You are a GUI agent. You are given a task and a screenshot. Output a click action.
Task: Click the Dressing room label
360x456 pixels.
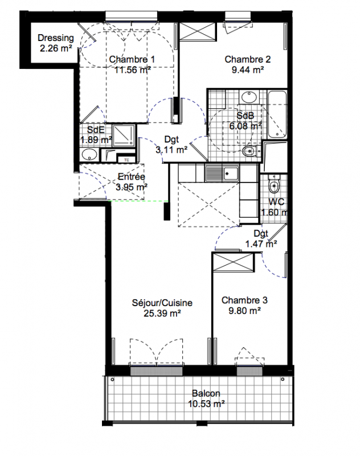pos(55,38)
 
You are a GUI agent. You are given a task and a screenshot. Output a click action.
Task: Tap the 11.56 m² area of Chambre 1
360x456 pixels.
pos(132,70)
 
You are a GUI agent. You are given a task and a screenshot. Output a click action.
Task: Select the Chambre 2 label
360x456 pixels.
pos(248,59)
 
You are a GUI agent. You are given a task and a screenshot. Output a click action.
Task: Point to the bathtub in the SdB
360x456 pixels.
pos(277,115)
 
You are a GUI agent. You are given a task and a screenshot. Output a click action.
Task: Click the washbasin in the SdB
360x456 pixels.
pos(249,97)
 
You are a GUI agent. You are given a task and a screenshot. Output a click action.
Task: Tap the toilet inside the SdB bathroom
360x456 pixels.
pos(250,151)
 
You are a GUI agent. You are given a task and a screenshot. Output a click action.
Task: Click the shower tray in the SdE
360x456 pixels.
pos(124,135)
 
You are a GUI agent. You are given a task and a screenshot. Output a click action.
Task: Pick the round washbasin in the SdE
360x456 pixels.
pos(89,154)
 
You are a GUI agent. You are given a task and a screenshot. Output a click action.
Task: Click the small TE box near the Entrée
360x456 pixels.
pos(126,160)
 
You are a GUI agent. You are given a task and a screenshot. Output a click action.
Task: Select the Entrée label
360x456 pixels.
pos(132,177)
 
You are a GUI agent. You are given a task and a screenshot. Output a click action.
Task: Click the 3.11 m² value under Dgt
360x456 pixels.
pos(171,150)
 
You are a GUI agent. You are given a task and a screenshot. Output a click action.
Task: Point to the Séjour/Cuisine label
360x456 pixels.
pos(162,303)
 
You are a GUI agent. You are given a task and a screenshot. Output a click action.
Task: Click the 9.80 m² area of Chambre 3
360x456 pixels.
pos(244,311)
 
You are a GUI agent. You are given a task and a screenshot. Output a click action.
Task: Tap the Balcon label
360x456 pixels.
pos(206,393)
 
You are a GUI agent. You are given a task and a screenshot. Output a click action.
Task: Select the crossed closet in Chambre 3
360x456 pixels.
pos(234,262)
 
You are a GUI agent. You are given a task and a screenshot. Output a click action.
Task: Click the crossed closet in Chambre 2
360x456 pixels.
pos(198,31)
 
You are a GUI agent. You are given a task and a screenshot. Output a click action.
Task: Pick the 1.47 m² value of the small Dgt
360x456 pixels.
pos(261,244)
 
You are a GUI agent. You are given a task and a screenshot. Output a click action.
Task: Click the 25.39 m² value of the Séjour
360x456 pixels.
pos(162,313)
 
